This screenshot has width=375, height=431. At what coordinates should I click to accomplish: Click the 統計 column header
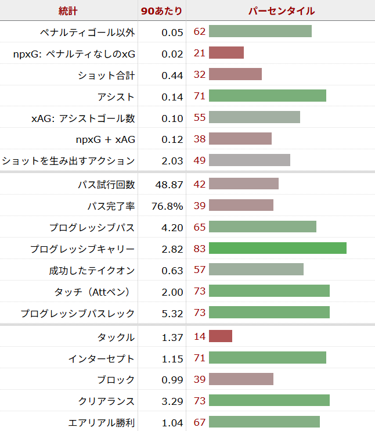pos(68,11)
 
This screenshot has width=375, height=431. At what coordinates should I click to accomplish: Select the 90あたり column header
pos(162,11)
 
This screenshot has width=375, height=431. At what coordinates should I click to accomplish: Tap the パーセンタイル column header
pos(281,11)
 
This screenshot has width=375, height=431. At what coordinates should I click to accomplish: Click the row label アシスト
pos(116,97)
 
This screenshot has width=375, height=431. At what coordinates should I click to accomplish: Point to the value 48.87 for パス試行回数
pos(169,184)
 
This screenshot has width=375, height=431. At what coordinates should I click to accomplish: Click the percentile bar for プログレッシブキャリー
pos(277,249)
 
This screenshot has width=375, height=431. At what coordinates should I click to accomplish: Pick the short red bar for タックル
pos(221,336)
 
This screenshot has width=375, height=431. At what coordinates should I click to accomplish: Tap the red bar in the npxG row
pos(226,53)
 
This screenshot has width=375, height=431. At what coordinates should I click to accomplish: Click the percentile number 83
pos(200,249)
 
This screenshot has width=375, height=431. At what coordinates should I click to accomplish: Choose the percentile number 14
pos(200,336)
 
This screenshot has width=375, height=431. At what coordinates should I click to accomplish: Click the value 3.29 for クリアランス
pos(172,401)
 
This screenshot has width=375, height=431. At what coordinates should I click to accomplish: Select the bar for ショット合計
pos(235,75)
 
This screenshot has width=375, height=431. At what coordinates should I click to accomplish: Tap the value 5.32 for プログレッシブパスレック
pos(172,314)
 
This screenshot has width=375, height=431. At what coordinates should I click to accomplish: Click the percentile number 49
pos(200,160)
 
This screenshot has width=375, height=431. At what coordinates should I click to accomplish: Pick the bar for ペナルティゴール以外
pos(260,31)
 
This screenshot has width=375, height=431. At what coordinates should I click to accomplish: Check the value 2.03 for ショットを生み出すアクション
pos(172,161)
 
